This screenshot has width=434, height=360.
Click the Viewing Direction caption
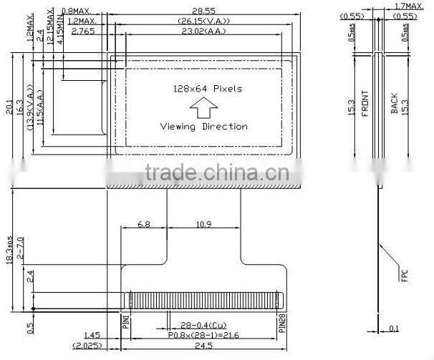pyautogui.click(x=203, y=127)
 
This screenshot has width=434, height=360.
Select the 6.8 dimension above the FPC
pyautogui.click(x=143, y=224)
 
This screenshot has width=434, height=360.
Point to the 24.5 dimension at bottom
pyautogui.click(x=203, y=346)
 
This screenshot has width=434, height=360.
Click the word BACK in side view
pyautogui.click(x=394, y=104)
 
